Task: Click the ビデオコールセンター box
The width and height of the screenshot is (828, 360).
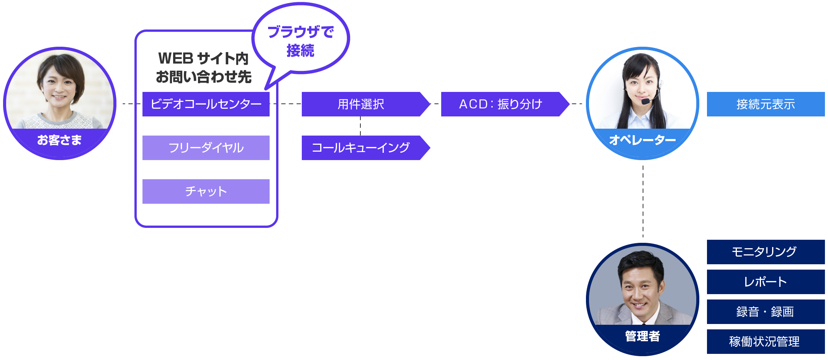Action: click(x=206, y=104)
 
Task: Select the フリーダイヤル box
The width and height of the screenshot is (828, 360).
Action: click(x=206, y=147)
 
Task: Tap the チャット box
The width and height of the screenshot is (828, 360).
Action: click(x=206, y=191)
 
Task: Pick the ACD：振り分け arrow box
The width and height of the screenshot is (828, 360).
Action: click(x=501, y=104)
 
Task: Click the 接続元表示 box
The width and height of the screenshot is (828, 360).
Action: click(x=766, y=104)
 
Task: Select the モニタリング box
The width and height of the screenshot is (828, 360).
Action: click(x=766, y=252)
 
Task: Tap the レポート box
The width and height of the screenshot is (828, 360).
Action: click(x=766, y=281)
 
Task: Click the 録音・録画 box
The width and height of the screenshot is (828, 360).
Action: click(x=766, y=311)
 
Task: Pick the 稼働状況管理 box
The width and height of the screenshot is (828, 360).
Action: click(x=766, y=341)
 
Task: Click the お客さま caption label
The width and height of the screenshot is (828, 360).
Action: click(x=59, y=140)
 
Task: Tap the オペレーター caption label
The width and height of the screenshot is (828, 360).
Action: click(x=642, y=140)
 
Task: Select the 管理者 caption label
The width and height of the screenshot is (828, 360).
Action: click(x=642, y=336)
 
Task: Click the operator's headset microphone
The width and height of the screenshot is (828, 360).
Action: click(x=646, y=101)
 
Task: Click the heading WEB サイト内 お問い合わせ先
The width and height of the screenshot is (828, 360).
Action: click(x=203, y=68)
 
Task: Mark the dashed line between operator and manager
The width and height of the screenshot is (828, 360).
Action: click(x=643, y=201)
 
